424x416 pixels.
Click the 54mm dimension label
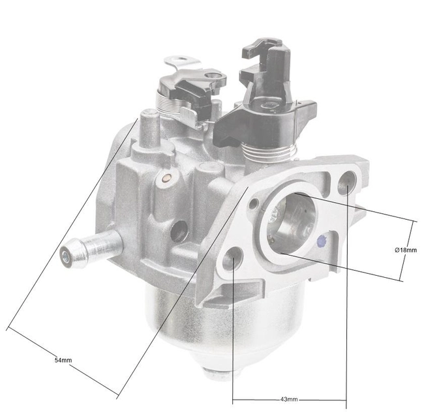click(x=63, y=360)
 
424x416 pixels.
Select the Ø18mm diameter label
click(x=405, y=250)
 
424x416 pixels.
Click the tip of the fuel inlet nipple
click(x=68, y=256)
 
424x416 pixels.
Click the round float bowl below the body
click(x=215, y=326)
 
